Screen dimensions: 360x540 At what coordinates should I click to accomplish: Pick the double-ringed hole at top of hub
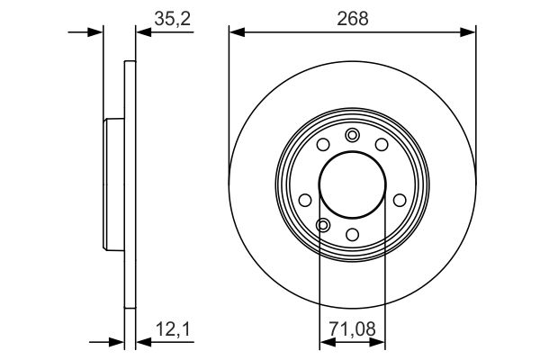click(x=352, y=135)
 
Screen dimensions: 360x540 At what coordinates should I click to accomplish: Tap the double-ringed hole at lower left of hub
click(x=324, y=224)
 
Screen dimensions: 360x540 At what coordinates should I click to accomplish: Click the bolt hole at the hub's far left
click(x=305, y=200)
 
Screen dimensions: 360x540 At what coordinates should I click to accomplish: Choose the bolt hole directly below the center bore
click(x=353, y=234)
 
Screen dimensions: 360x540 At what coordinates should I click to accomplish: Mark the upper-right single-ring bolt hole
click(x=381, y=145)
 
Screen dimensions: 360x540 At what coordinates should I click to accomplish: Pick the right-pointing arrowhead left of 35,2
click(x=96, y=32)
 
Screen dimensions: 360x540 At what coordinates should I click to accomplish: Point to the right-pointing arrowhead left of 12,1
click(x=117, y=342)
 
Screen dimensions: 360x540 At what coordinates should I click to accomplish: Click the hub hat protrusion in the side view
click(x=112, y=184)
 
